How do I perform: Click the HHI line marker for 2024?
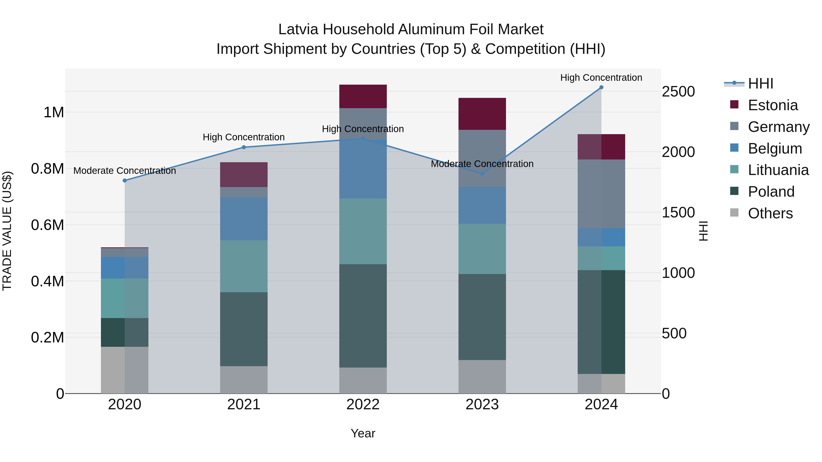tap(601, 87)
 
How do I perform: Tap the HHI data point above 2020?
tap(125, 180)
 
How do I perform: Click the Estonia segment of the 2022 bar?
tap(363, 96)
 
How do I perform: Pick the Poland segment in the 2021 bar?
tap(244, 329)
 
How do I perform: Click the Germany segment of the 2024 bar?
tap(601, 194)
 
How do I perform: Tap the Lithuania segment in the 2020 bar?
tap(125, 298)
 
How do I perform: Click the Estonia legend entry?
tap(772, 105)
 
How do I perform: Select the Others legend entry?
tap(770, 213)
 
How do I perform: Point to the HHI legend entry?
tap(760, 84)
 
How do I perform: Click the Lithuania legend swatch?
tap(734, 170)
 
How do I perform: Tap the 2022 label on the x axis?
tap(363, 405)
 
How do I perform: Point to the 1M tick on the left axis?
tap(54, 112)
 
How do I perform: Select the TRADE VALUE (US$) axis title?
tap(7, 231)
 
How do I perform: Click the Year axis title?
tap(363, 433)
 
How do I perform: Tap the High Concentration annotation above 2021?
tap(244, 137)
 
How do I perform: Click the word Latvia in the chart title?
tap(298, 29)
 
